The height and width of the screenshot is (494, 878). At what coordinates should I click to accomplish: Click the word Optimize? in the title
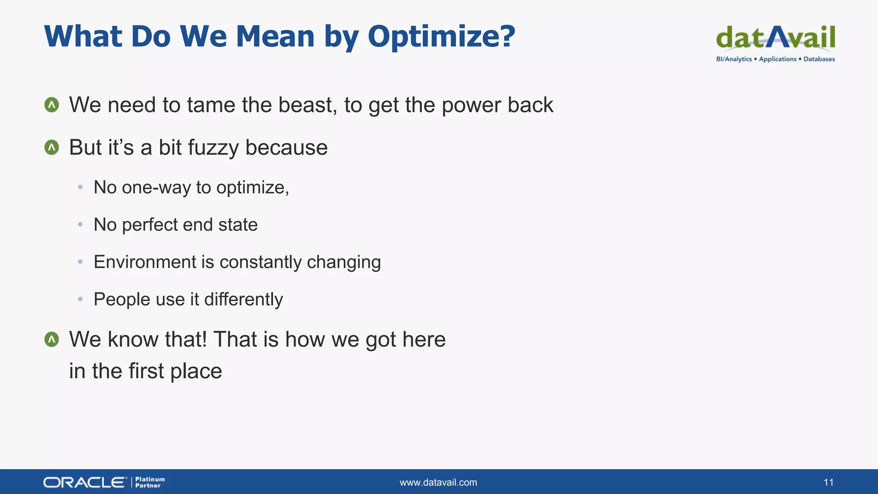pyautogui.click(x=441, y=37)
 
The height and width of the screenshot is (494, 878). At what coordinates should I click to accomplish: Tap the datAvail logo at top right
pyautogui.click(x=776, y=38)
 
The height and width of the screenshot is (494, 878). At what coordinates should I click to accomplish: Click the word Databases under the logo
pyautogui.click(x=819, y=59)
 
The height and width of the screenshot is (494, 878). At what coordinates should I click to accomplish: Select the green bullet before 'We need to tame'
pyautogui.click(x=52, y=105)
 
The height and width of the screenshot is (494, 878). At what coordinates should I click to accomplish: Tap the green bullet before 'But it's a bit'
pyautogui.click(x=52, y=148)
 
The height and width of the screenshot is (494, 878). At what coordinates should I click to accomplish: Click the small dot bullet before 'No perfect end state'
pyautogui.click(x=80, y=224)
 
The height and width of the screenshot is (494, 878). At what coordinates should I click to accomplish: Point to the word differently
pyautogui.click(x=244, y=299)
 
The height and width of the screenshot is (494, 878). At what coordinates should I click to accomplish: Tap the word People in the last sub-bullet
pyautogui.click(x=122, y=300)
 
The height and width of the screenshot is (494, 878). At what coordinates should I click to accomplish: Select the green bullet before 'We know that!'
pyautogui.click(x=52, y=339)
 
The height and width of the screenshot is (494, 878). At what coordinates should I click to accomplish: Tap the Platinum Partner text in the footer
pyautogui.click(x=150, y=482)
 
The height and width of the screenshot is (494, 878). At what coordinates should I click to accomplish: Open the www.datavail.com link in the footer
pyautogui.click(x=438, y=482)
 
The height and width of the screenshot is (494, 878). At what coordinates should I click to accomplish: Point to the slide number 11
pyautogui.click(x=828, y=482)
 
